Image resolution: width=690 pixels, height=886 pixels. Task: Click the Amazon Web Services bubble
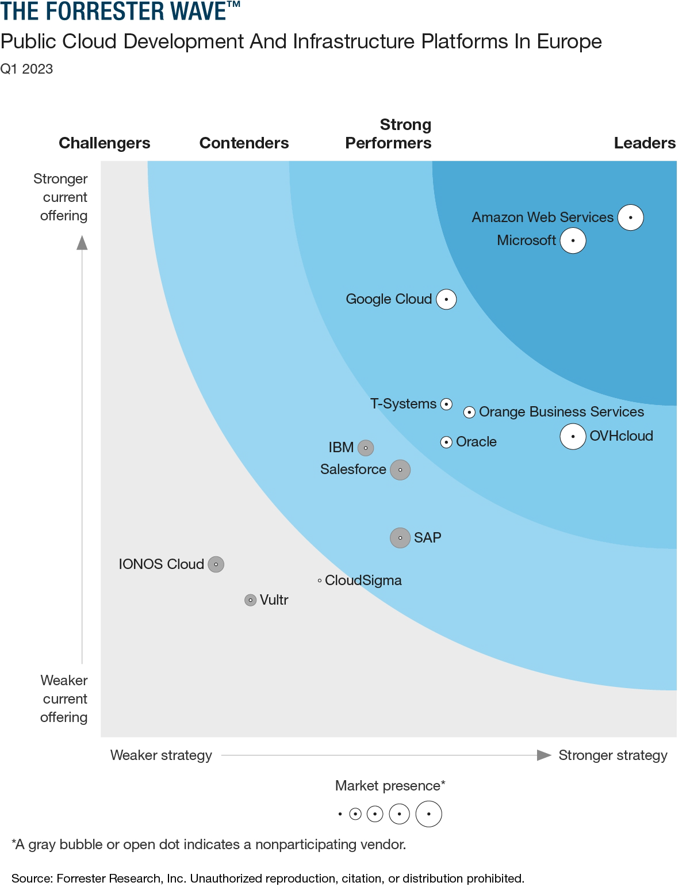point(630,217)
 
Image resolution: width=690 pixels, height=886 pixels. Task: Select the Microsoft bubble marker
point(573,240)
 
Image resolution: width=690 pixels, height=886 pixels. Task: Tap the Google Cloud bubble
point(446,299)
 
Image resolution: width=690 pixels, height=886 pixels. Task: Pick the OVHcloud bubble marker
point(573,436)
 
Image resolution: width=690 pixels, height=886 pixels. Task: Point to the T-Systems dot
point(446,404)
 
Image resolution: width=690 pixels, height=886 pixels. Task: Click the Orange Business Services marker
point(469,412)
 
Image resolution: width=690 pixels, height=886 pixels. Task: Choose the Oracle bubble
point(446,442)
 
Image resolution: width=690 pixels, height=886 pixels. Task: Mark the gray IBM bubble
point(366,448)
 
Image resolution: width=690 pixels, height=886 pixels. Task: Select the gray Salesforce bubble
point(400,469)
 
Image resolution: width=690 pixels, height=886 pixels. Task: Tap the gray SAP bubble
point(400,537)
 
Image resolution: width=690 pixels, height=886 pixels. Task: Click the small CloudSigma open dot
point(320,581)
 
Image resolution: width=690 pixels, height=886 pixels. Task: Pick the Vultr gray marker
point(250,600)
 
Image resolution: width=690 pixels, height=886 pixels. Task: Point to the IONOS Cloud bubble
point(216,564)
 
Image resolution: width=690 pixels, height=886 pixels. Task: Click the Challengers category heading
point(104,143)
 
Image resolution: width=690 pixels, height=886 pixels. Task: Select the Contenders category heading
point(244,143)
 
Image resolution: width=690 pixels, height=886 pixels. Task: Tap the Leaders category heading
point(644,143)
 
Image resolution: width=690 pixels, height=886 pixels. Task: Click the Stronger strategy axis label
point(612,755)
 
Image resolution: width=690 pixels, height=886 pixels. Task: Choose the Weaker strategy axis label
point(161,755)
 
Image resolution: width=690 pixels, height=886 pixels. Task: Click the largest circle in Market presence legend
point(428,814)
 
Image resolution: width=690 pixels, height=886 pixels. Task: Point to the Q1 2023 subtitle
point(26,69)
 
